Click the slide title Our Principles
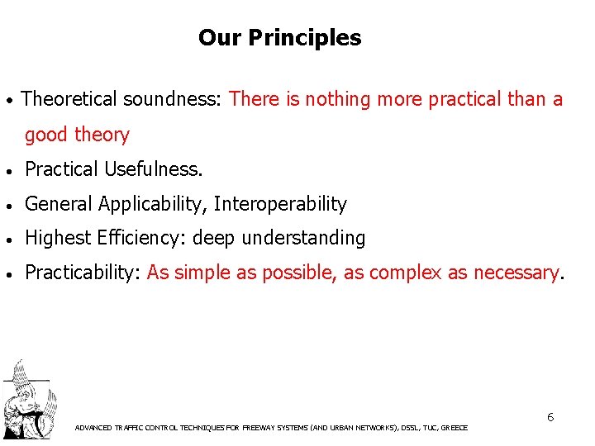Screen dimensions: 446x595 point(279,38)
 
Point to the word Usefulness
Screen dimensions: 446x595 point(153,169)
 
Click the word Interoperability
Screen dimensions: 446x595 point(283,204)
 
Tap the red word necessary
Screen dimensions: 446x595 point(516,273)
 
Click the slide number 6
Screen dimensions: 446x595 point(550,417)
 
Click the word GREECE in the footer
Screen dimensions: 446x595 point(455,428)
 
